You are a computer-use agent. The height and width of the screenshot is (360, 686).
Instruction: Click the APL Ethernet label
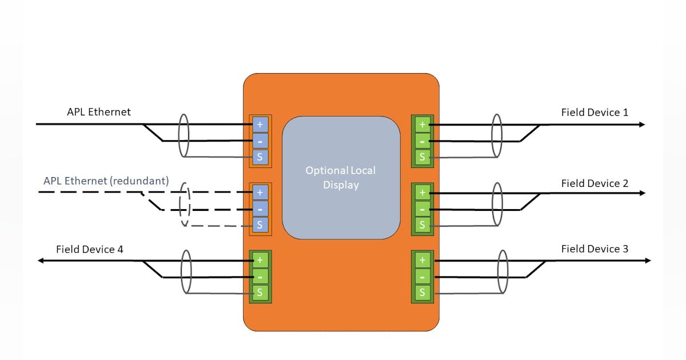coord(98,112)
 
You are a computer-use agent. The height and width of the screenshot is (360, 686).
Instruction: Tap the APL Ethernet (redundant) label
coord(106,181)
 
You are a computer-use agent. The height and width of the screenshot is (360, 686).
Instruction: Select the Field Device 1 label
coord(595,113)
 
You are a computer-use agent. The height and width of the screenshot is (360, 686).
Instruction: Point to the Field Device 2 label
coord(595,183)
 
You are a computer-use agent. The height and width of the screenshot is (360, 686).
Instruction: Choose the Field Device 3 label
coord(595,249)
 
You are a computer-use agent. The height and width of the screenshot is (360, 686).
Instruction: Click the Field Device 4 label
coord(89,250)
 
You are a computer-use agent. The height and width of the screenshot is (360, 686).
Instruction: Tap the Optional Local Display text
coord(341,178)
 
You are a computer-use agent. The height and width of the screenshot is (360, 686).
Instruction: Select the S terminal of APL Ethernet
coord(260,157)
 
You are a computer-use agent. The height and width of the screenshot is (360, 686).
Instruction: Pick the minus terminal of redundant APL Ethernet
coord(260,209)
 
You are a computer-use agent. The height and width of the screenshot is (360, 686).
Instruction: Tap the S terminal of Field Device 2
coord(422,225)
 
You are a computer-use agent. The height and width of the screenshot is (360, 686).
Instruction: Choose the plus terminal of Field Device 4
coord(260,261)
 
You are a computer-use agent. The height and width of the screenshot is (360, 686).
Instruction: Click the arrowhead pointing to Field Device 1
coord(642,125)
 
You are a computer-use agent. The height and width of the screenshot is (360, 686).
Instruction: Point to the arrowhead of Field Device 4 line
coord(42,261)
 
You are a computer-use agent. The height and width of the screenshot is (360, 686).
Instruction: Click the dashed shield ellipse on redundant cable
coord(184,205)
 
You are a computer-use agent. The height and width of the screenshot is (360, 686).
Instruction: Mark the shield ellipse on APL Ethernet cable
coord(183,135)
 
